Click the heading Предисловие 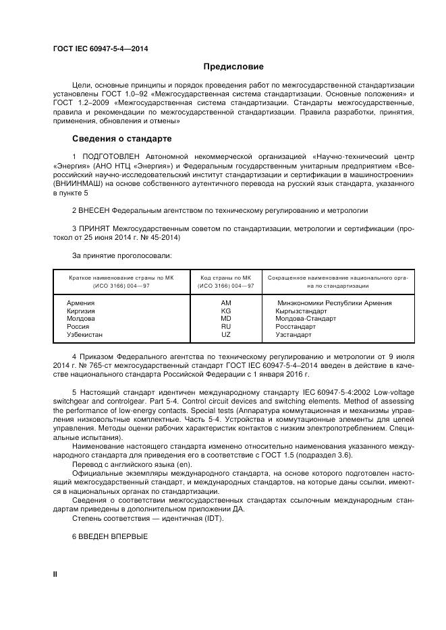coord(233,67)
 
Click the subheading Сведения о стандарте coord(121,139)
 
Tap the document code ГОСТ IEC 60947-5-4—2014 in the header coord(101,49)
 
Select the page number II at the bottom coord(55,573)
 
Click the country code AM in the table coord(226,303)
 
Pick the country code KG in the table coord(226,311)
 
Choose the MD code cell coord(226,319)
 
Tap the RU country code coord(226,327)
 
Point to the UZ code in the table coord(226,334)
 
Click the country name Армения coord(80,303)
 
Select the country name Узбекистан coord(85,334)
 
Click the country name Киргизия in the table coord(82,311)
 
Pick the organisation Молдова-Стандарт coord(306,319)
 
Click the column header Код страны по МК coord(226,278)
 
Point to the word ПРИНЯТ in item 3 coord(96,230)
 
